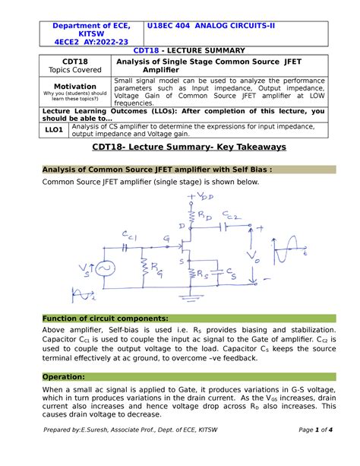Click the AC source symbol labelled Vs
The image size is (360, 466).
tap(103, 270)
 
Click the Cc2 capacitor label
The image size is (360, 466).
tap(234, 217)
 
